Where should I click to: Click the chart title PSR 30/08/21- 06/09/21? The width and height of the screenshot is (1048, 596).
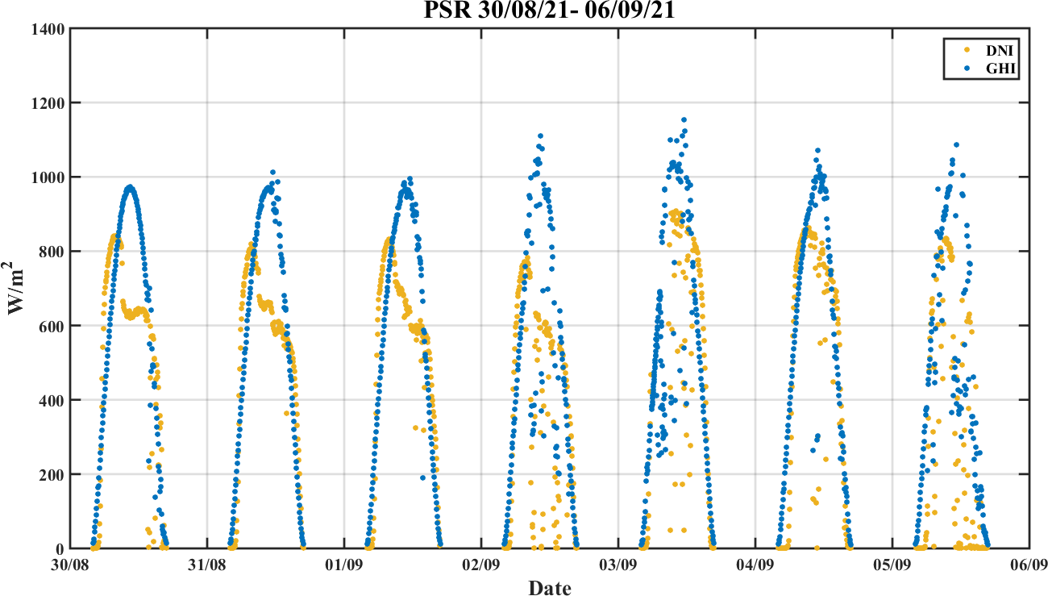coord(550,10)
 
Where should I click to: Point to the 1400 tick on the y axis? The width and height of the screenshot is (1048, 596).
coord(49,29)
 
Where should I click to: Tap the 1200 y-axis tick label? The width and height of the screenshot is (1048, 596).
coord(49,103)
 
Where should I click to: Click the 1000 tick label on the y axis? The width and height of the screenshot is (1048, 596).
coord(49,177)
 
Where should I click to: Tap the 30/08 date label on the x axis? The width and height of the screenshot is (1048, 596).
coord(72,565)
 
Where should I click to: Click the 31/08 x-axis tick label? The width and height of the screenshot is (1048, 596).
coord(208,565)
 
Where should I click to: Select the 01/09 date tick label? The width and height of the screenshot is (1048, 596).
coord(345,565)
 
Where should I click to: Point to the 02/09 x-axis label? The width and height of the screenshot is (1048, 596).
coord(482,565)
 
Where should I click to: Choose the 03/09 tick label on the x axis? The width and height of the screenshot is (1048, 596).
coord(618,565)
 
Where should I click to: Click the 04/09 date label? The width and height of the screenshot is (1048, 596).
coord(755,565)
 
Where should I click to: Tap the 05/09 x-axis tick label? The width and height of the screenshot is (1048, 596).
coord(892,565)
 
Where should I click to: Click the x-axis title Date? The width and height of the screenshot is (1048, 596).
coord(550,587)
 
